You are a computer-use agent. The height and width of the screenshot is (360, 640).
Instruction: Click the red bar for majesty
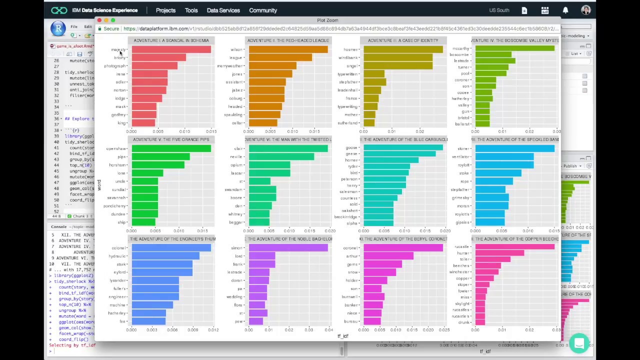[171, 49]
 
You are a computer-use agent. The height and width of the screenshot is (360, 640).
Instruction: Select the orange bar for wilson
[288, 49]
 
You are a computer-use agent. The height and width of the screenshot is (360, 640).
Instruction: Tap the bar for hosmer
[403, 49]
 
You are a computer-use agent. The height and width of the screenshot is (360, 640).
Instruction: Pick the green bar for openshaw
[171, 148]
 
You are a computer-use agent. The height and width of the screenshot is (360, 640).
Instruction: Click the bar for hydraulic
[165, 256]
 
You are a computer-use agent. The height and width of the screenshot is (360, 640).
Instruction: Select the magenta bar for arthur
[388, 256]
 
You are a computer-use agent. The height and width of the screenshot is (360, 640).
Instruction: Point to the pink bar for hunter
[499, 253]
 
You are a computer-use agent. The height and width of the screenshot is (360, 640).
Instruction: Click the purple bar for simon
[288, 248]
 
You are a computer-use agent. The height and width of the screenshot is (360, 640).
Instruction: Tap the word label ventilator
[460, 157]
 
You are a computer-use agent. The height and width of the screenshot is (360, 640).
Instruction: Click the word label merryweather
[230, 66]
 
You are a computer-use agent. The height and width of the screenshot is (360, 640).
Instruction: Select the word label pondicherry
[114, 206]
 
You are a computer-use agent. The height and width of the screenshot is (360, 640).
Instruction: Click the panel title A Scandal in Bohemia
[171, 40]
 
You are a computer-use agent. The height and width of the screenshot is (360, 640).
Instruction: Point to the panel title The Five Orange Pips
[171, 139]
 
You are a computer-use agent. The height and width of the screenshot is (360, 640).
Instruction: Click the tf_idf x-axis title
[342, 336]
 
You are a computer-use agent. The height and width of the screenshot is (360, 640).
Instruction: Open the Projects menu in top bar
[165, 10]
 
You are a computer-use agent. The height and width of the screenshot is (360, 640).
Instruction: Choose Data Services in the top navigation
[223, 10]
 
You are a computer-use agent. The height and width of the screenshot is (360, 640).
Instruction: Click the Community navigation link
[263, 10]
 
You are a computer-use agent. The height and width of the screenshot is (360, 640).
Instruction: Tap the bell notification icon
[565, 10]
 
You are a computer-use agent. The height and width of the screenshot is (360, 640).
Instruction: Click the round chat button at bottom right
[579, 343]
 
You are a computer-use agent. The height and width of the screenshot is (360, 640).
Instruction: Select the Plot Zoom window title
[327, 20]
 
